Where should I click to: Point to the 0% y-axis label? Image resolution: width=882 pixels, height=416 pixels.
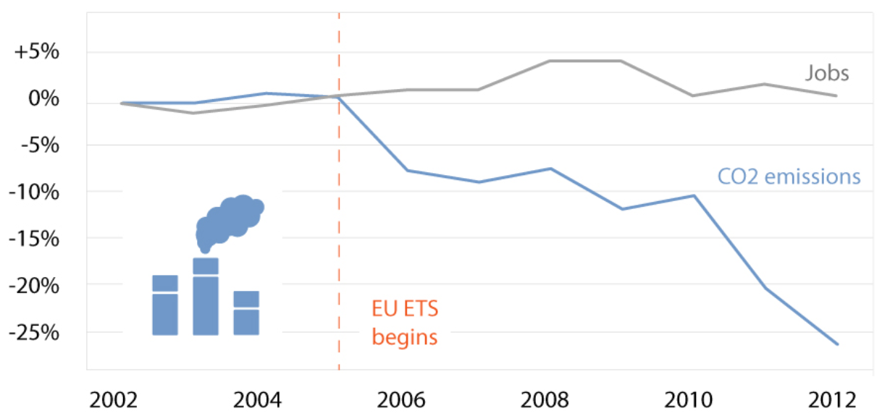(43, 98)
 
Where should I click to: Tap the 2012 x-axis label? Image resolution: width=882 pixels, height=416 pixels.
(832, 399)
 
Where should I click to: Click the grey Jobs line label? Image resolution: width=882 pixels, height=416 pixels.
(826, 73)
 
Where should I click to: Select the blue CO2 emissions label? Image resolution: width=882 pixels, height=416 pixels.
(789, 177)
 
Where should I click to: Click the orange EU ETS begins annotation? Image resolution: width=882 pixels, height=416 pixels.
(405, 323)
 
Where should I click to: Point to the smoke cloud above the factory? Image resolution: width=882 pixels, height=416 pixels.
(230, 219)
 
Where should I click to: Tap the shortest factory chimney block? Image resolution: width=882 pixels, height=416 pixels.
(246, 313)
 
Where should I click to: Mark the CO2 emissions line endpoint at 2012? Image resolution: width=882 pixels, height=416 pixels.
(837, 344)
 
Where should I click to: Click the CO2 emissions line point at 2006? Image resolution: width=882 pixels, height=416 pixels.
(407, 170)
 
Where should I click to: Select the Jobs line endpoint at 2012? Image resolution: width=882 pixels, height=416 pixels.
(837, 95)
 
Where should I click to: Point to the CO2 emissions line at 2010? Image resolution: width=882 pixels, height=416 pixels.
(694, 195)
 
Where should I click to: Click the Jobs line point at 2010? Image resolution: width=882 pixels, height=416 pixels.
(694, 95)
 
